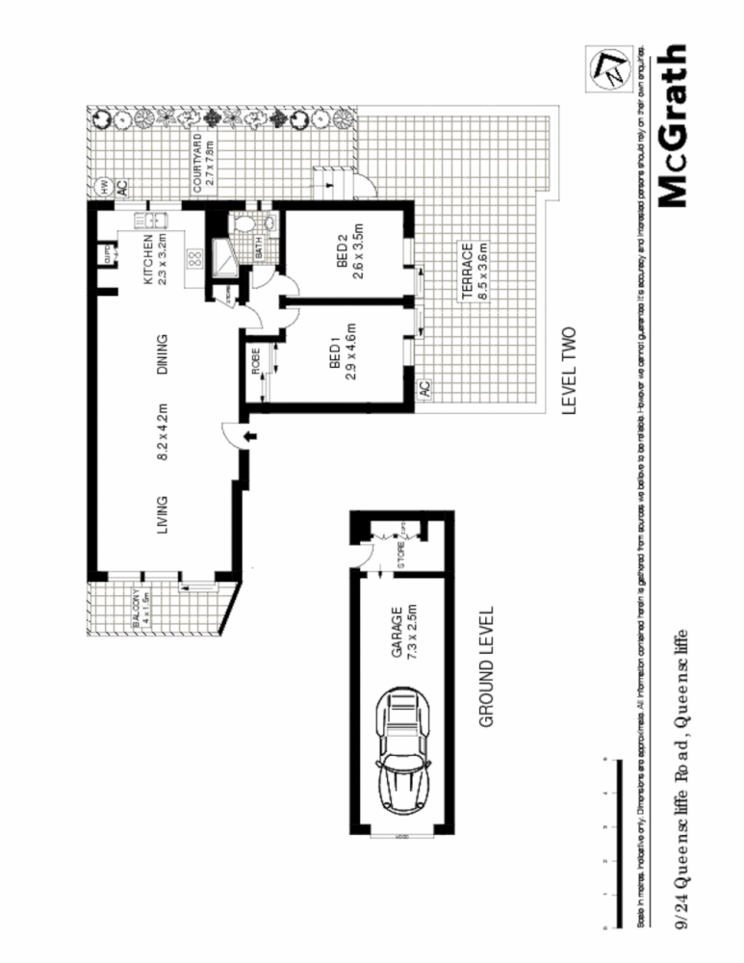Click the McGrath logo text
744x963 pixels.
tap(673, 125)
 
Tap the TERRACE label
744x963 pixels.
tap(465, 273)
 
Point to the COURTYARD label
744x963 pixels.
tap(197, 165)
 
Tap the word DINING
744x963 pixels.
tap(163, 354)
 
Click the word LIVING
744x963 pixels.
tap(163, 513)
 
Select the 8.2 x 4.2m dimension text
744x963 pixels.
tap(163, 432)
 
